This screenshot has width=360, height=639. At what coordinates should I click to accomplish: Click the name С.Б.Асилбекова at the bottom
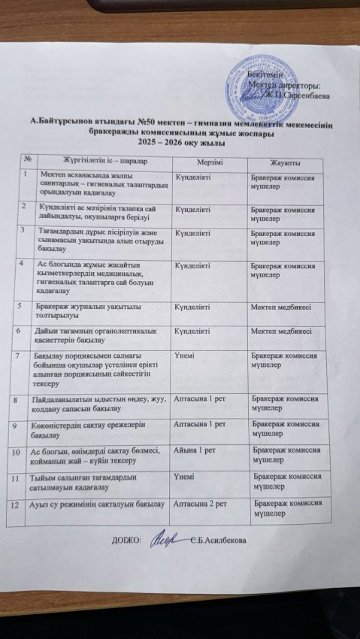point(223,541)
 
